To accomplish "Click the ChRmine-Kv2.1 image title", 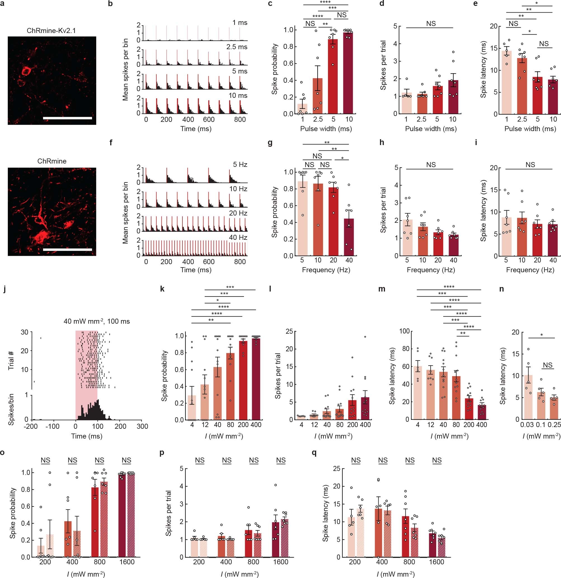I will coord(51,30).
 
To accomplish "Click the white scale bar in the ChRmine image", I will coord(67,250).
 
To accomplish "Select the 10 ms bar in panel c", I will coord(349,74).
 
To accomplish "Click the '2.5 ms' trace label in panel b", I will coord(237,47).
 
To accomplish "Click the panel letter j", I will coord(4,289).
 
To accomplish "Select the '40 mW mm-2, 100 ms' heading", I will coord(97,321).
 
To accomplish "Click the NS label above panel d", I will coord(431,23).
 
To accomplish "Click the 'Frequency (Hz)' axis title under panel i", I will coord(530,270).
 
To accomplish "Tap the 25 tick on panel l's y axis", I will coord(289,331).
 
